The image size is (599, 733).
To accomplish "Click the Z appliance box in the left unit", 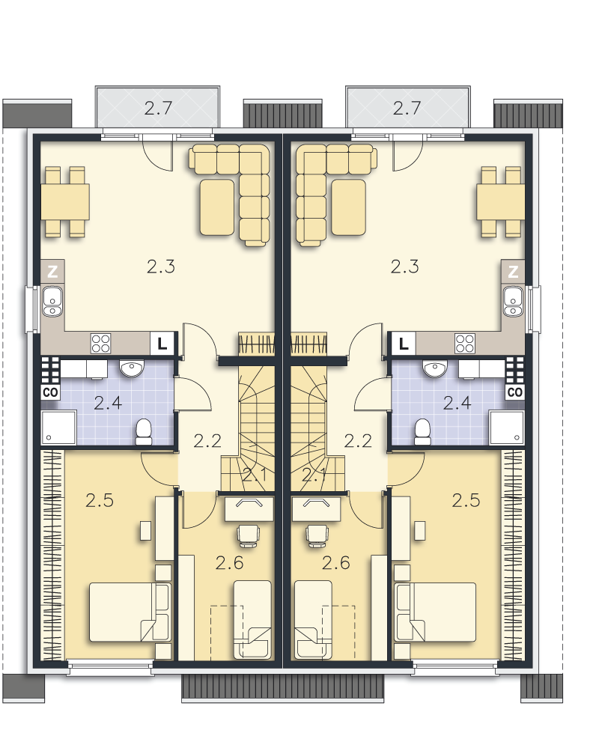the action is pyautogui.click(x=52, y=271).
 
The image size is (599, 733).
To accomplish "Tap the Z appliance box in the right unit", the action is pyautogui.click(x=513, y=271).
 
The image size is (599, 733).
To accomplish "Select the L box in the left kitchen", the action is pyautogui.click(x=162, y=344).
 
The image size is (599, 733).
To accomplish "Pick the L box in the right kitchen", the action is pyautogui.click(x=404, y=344).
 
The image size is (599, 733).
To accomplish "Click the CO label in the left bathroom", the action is pyautogui.click(x=50, y=392).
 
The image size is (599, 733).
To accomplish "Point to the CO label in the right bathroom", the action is pyautogui.click(x=515, y=392).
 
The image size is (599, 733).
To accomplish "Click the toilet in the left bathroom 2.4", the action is pyautogui.click(x=144, y=432).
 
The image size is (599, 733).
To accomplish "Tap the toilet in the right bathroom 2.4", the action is pyautogui.click(x=423, y=432).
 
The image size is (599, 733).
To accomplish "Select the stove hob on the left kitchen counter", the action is pyautogui.click(x=101, y=344).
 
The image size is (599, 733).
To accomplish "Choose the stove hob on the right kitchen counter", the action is pyautogui.click(x=465, y=344).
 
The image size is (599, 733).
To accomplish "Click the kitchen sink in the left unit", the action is pyautogui.click(x=52, y=302).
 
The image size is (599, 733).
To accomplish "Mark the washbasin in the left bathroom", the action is pyautogui.click(x=131, y=368).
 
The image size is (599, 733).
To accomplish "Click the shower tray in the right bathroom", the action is pyautogui.click(x=507, y=428).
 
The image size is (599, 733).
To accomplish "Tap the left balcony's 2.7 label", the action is pyautogui.click(x=159, y=109).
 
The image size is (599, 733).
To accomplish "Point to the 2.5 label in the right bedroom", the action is pyautogui.click(x=466, y=500).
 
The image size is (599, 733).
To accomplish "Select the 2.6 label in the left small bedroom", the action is pyautogui.click(x=230, y=563).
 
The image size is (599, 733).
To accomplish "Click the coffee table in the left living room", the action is pyautogui.click(x=217, y=207).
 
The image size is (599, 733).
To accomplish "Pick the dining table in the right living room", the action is pyautogui.click(x=501, y=202).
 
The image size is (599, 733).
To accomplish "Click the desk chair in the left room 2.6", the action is pyautogui.click(x=249, y=536).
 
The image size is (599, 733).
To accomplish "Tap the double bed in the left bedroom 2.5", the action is pyautogui.click(x=130, y=612).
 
